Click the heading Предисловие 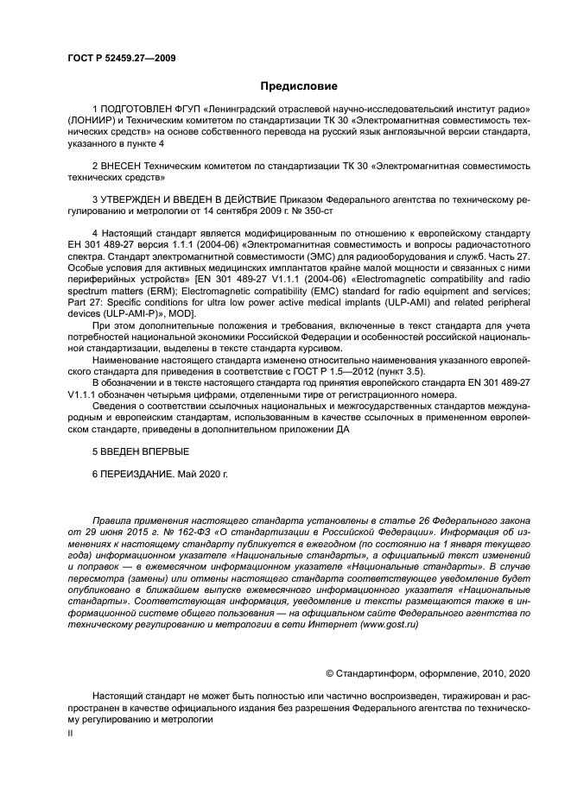point(299,85)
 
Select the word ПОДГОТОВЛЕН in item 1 point(139,110)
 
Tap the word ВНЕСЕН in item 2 point(123,164)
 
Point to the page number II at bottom point(70,732)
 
